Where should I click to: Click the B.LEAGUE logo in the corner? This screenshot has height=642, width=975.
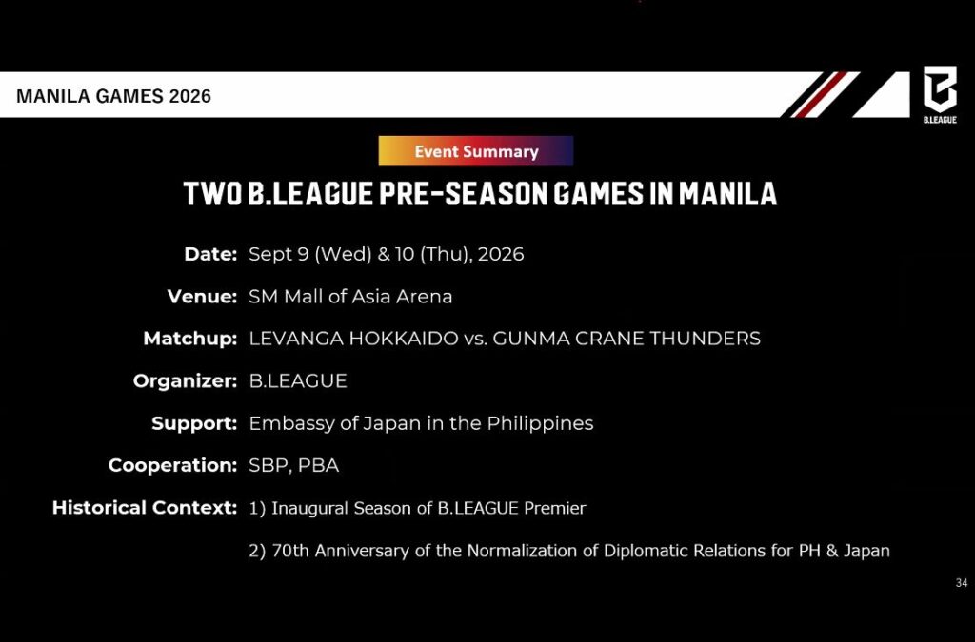[940, 94]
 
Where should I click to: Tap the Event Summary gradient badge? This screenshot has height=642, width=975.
[476, 151]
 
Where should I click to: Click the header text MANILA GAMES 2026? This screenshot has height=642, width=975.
[114, 96]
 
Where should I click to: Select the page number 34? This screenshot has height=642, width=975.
[962, 582]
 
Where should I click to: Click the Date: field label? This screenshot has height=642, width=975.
[210, 254]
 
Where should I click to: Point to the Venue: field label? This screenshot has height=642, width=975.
[202, 296]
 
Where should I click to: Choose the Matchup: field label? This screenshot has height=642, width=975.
[190, 339]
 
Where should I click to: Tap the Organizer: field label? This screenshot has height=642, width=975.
[186, 380]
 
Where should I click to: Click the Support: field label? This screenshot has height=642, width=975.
[194, 423]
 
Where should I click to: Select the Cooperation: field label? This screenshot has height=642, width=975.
[173, 465]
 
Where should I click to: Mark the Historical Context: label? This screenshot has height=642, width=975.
[145, 507]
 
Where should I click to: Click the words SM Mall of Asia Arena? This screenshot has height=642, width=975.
[350, 296]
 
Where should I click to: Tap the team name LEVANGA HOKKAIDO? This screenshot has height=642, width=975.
[353, 339]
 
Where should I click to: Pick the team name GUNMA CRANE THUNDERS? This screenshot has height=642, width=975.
[627, 339]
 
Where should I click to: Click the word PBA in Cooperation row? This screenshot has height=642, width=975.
[318, 465]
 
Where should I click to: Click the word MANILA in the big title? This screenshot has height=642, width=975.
[727, 193]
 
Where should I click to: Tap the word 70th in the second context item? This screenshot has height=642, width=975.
[290, 551]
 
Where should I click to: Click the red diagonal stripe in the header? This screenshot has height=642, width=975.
[821, 94]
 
